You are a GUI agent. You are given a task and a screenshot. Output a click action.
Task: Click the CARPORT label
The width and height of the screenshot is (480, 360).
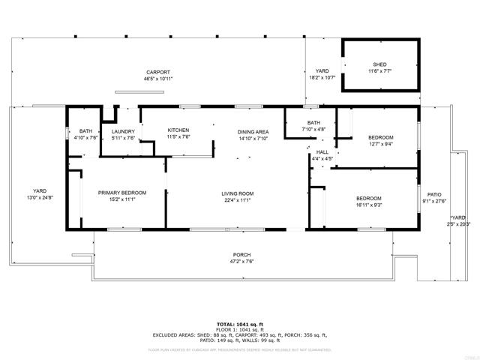(x=158, y=72)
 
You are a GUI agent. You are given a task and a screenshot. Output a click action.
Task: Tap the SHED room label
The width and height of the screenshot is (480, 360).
(x=379, y=64)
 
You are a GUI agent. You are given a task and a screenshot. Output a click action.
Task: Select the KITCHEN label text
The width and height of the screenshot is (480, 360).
(x=178, y=130)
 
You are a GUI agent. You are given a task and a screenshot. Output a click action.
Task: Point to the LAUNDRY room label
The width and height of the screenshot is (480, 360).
(x=123, y=131)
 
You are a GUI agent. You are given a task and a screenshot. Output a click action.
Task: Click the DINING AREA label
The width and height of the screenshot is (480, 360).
(x=253, y=132)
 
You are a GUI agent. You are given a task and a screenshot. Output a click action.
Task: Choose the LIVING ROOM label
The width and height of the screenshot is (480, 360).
(x=237, y=193)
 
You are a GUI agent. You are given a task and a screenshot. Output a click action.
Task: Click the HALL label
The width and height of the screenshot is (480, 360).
(x=322, y=152)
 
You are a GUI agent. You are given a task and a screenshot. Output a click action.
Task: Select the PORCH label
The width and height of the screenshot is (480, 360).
(x=241, y=255)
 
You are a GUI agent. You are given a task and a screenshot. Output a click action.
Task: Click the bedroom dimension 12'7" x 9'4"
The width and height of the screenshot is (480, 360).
(x=380, y=144)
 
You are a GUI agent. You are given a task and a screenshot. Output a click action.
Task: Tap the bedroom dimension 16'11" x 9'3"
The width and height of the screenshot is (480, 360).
(x=368, y=205)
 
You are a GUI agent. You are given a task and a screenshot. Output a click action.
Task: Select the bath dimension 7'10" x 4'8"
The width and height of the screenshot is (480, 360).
(x=313, y=129)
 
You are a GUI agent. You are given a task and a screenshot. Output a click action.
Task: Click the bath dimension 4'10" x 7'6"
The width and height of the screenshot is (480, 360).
(x=86, y=138)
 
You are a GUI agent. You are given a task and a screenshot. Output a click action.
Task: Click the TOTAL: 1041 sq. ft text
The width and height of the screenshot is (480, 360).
(x=240, y=324)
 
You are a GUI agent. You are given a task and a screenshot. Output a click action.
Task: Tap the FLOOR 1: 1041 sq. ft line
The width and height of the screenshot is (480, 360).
(x=240, y=330)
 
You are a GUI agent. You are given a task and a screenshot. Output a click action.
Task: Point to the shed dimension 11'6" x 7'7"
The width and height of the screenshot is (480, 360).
(x=379, y=71)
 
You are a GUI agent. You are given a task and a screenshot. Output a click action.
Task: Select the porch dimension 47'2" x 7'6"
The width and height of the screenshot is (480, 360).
(x=241, y=262)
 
